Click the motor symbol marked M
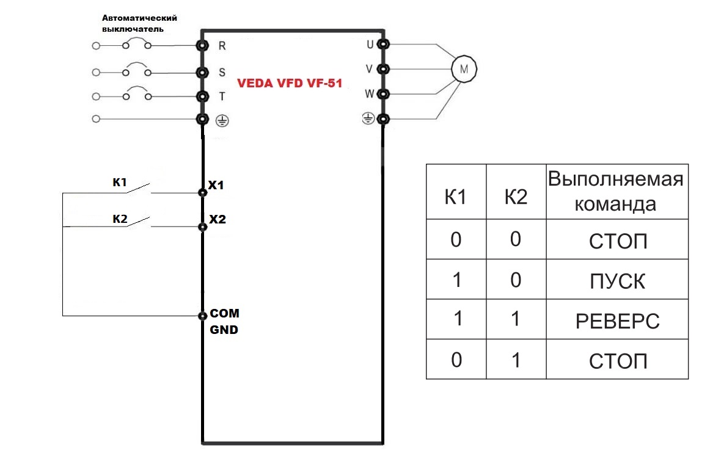[x=463, y=68]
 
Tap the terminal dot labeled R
[x=201, y=46]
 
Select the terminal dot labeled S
[x=201, y=72]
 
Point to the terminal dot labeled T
[x=201, y=96]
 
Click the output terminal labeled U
[x=383, y=44]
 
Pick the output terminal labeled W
[x=383, y=94]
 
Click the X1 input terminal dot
[x=203, y=192]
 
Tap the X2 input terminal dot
[x=203, y=227]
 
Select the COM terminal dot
[x=203, y=316]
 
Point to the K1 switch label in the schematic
[x=119, y=183]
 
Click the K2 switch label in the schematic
[x=119, y=218]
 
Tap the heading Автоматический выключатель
[x=134, y=23]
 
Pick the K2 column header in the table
[x=516, y=197]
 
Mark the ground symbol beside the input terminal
[x=222, y=121]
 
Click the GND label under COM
[x=224, y=330]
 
